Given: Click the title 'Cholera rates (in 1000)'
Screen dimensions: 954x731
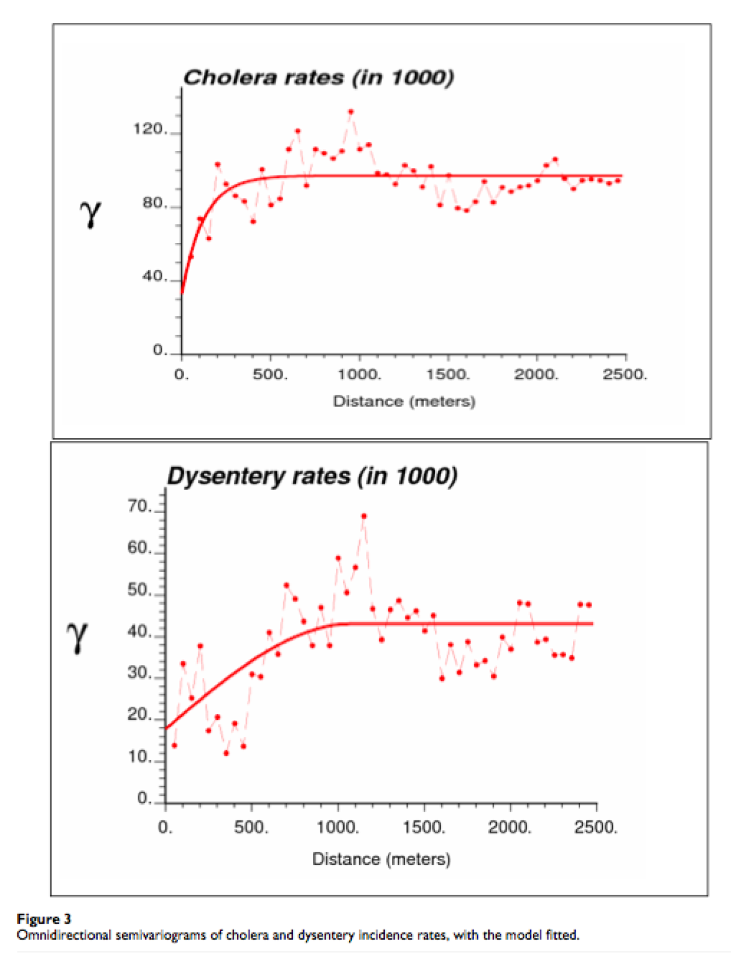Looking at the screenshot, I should (318, 77).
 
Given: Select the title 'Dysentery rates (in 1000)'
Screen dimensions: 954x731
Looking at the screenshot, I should (312, 476).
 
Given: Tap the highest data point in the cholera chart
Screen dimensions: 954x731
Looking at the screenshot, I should (351, 112).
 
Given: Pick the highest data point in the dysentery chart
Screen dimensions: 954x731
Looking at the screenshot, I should (364, 516).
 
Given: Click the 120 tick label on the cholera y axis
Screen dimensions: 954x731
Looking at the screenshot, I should (150, 129).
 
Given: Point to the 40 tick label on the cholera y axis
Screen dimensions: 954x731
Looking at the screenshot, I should (154, 276).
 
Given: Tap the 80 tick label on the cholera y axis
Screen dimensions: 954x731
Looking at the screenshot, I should (154, 203).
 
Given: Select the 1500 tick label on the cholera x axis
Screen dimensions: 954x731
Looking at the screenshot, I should (448, 375).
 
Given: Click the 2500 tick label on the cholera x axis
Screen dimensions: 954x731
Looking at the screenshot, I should (625, 375).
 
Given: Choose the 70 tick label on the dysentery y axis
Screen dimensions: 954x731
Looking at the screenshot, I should (139, 506).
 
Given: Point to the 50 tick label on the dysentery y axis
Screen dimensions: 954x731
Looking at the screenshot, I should (139, 590).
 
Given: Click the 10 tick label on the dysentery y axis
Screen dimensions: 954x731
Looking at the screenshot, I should (139, 757).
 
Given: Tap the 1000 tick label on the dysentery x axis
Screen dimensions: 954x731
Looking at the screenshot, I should (338, 827).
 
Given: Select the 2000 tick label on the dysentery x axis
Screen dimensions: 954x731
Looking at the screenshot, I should (509, 827).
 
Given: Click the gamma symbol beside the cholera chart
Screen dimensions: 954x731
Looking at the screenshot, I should (90, 214).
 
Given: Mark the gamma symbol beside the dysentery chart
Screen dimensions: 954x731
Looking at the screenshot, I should (77, 636).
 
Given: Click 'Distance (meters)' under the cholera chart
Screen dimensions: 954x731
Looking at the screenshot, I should (404, 402).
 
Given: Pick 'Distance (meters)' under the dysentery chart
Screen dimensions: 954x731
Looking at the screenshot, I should (381, 859).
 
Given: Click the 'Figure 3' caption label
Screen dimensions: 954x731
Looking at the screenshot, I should (44, 919).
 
